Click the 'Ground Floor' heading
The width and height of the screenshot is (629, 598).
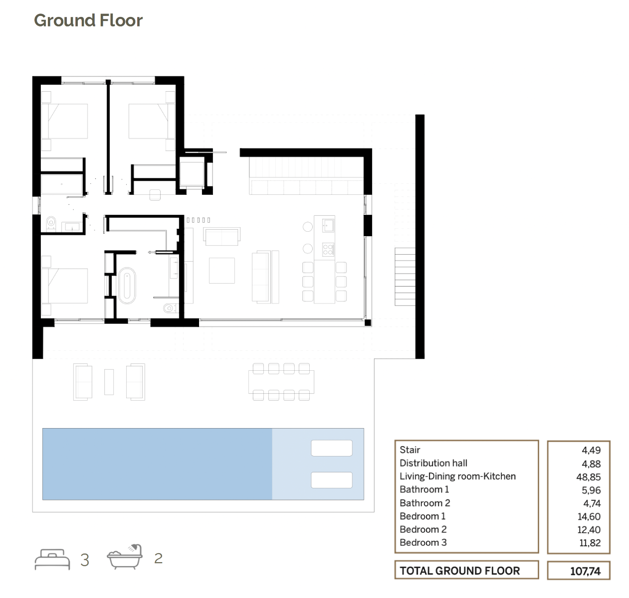88,21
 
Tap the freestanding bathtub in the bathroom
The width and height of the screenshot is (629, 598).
127,285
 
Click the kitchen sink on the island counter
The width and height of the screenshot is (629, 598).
328,226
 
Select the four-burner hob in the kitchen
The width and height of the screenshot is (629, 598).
328,249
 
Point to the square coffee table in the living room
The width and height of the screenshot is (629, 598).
221,271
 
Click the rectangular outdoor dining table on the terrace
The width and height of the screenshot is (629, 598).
281,382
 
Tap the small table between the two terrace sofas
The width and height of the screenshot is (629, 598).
109,382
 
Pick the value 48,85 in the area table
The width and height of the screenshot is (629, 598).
589,477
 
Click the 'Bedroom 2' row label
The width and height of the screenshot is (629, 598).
423,529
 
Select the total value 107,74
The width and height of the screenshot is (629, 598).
585,571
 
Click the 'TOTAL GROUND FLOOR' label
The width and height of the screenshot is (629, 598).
460,571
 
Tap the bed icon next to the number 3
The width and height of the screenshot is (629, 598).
52,559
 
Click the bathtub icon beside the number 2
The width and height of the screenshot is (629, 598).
125,557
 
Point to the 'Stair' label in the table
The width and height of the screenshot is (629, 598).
410,450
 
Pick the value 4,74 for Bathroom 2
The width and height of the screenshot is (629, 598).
592,503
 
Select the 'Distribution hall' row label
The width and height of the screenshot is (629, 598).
433,463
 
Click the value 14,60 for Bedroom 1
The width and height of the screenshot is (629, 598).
589,516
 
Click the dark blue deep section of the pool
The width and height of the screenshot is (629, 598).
157,464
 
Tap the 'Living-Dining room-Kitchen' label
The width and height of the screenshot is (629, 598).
458,476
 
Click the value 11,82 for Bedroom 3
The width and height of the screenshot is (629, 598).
590,543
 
